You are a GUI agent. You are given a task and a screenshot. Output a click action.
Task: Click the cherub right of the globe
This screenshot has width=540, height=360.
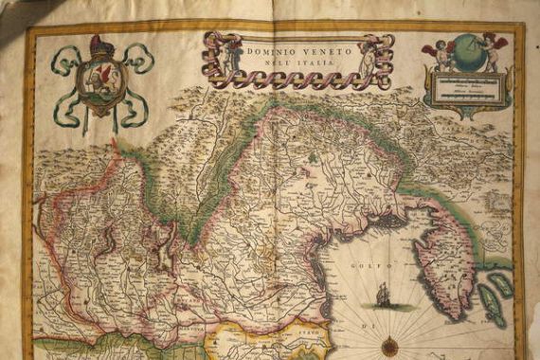[x=494, y=50]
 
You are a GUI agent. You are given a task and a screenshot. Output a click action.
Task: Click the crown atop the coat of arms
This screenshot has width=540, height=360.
[x=100, y=45]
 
